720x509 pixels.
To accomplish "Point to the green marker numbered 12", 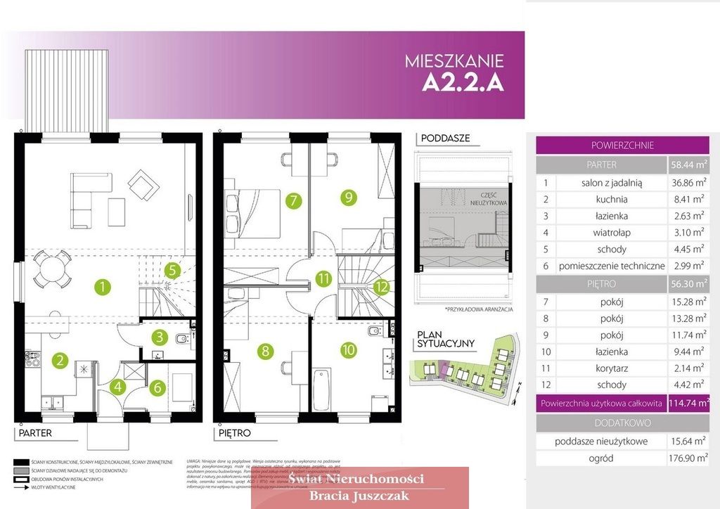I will (381, 286).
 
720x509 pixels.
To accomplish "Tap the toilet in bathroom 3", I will (182, 340).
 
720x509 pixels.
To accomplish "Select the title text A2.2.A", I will (463, 83).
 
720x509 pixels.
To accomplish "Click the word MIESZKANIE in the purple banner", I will (454, 61).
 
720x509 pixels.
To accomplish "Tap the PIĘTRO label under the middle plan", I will (234, 433).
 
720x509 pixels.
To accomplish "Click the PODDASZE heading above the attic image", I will (445, 138).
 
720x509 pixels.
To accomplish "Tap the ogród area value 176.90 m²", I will (687, 458).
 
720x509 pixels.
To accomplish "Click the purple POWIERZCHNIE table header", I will (622, 146).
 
